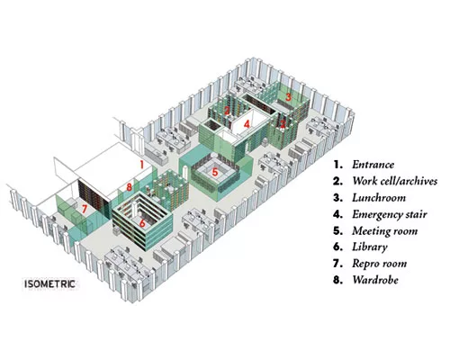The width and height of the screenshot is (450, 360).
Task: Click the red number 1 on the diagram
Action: coord(142,165)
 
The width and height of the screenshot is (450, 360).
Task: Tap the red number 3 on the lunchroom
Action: coord(288,97)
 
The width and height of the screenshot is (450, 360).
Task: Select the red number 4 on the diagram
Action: coord(247,124)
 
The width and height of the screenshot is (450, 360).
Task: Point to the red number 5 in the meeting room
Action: coord(215,172)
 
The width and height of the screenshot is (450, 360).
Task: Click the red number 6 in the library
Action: coord(142,223)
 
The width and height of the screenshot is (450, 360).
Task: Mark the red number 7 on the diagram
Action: coord(85,209)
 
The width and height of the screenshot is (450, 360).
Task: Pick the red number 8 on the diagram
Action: coord(129,187)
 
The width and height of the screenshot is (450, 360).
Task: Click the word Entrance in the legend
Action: coord(373,165)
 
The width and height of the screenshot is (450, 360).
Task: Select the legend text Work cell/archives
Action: coord(394,181)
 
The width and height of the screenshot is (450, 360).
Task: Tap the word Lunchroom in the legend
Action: coord(379,198)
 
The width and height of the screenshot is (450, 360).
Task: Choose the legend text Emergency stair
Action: coord(390,214)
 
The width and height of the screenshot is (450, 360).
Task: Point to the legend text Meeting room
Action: coord(384,231)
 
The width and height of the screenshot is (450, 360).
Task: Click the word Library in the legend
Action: coord(370,247)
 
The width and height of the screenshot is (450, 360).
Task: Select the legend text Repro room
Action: coord(380,264)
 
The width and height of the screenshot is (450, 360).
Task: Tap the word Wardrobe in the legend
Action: coord(375,280)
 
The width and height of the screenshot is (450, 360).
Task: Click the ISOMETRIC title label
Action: coord(49,284)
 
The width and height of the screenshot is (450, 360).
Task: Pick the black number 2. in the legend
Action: coord(337,182)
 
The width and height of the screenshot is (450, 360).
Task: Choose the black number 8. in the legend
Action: coord(337,280)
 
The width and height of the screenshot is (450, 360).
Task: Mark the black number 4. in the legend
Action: coord(337,214)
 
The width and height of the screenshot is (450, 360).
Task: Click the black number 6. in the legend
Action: coord(337,247)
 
